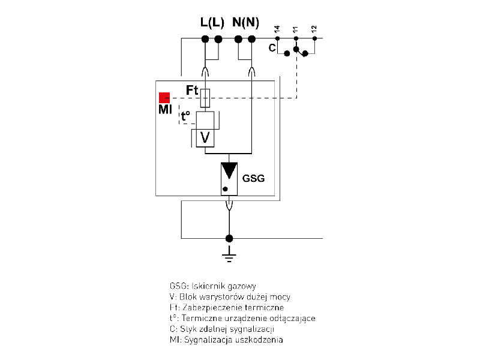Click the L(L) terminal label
click(212, 23)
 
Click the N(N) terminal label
click(245, 23)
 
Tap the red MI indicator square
click(164, 97)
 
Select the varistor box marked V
click(205, 138)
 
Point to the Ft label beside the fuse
click(192, 91)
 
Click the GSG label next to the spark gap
click(253, 178)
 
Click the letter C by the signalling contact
click(272, 48)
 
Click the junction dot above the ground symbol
click(228, 238)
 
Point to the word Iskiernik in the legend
click(208, 286)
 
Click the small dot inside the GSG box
click(225, 190)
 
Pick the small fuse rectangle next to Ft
click(205, 98)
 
